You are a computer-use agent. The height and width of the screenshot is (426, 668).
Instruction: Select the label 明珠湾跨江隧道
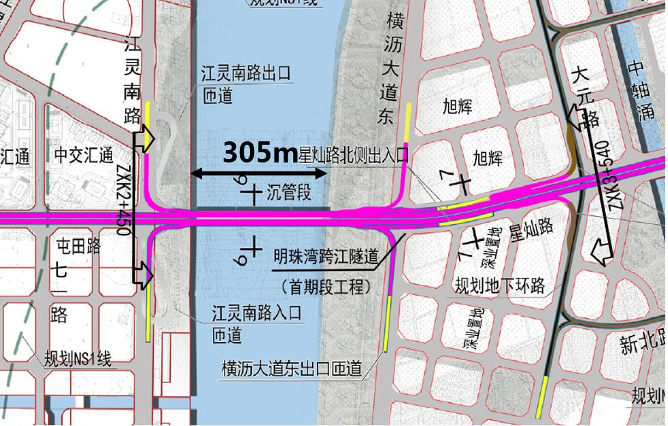pos(326,257)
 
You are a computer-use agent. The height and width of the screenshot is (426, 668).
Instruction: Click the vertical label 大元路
pos(586,96)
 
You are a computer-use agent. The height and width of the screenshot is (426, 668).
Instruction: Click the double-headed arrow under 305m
pos(260,173)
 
